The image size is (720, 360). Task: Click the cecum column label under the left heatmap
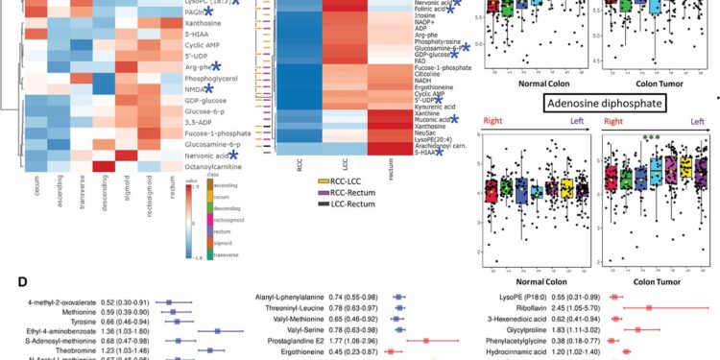coord(36,197)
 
